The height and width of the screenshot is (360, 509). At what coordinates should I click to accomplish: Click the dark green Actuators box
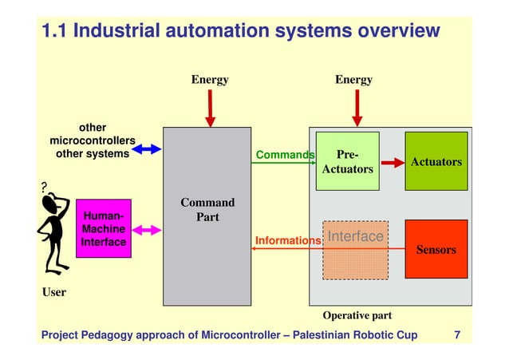coord(436,161)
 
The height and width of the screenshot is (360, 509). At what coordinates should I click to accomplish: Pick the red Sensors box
coord(436,249)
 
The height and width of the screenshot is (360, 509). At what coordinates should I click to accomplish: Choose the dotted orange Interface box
coord(356,250)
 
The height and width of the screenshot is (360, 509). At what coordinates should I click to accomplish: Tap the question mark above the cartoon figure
coord(45,188)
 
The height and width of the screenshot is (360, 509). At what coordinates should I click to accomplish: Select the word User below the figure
coord(53,292)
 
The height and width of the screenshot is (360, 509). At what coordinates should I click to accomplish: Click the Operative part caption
coord(357,315)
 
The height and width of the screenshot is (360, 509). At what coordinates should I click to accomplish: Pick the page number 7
coord(456,334)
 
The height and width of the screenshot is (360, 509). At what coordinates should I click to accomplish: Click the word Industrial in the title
coord(115,31)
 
